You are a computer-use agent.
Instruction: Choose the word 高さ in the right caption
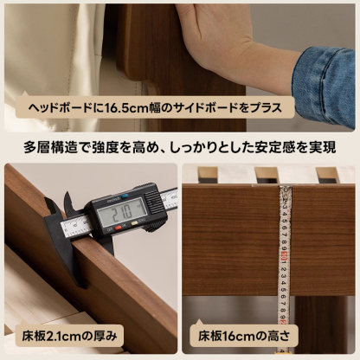tap(273, 334)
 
